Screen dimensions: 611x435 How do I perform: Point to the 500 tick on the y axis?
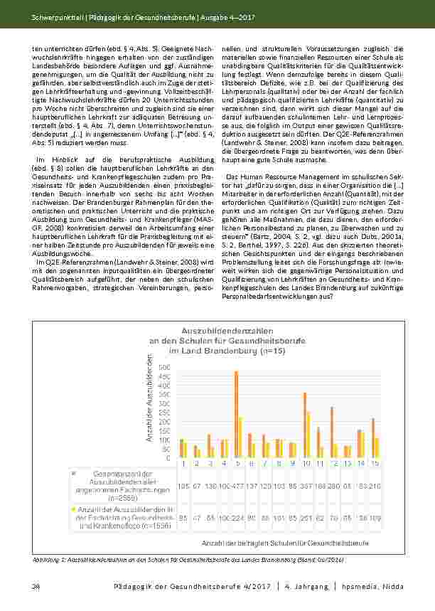coord(164,366)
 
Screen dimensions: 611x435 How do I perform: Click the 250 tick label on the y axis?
coord(164,413)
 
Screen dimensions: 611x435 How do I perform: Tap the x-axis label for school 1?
coord(183,463)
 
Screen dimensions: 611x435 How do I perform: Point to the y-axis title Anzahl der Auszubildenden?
coord(150,407)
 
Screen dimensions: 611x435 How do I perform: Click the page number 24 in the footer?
coord(36,586)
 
